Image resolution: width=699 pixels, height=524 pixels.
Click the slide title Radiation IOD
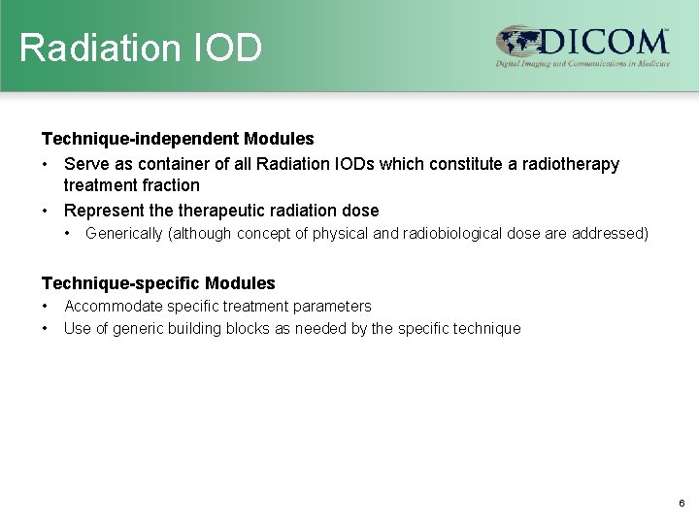(x=141, y=48)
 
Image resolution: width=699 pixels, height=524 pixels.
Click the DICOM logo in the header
(x=582, y=47)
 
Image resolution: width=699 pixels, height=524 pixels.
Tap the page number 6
(x=682, y=504)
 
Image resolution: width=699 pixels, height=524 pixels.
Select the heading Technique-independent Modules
(x=178, y=140)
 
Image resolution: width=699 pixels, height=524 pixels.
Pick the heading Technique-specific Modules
(x=158, y=283)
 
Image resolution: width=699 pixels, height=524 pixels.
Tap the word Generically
(x=124, y=234)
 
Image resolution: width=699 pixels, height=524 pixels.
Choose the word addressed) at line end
(x=614, y=234)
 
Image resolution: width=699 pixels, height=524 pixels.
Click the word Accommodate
(x=111, y=306)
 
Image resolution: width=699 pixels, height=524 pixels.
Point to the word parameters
(x=335, y=306)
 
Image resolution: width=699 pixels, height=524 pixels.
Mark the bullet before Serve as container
(x=46, y=164)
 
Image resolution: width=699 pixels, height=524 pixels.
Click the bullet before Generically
(x=68, y=234)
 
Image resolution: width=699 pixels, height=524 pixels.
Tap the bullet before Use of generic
(x=46, y=328)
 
